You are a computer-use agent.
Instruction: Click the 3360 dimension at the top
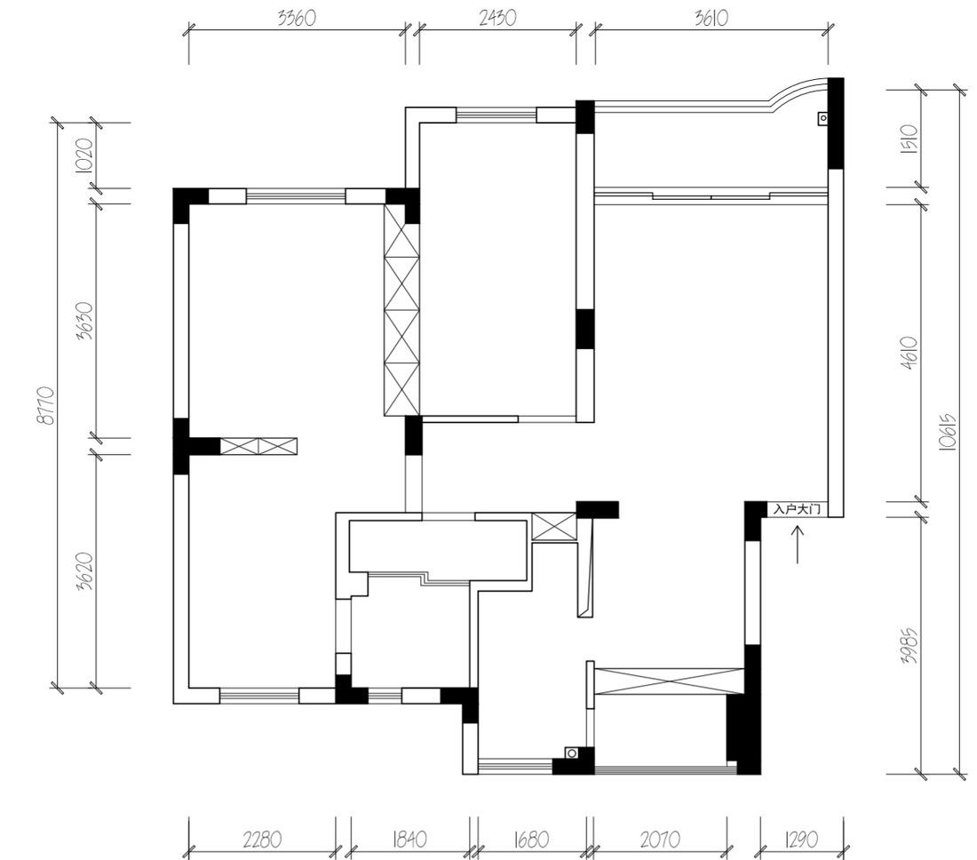click(x=297, y=18)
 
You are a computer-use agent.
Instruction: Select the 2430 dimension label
click(x=497, y=18)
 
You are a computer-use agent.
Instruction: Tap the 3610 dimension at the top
click(x=711, y=18)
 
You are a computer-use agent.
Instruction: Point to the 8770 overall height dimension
click(x=46, y=405)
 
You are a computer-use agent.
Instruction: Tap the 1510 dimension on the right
click(x=909, y=140)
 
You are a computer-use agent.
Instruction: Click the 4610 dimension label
click(x=909, y=354)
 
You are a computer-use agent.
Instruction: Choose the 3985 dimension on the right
click(x=909, y=646)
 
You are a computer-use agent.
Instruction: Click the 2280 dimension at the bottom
click(x=262, y=840)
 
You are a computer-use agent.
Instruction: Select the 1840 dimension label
click(x=409, y=840)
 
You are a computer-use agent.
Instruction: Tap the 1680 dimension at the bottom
click(x=531, y=840)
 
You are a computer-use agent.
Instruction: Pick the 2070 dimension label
click(x=660, y=840)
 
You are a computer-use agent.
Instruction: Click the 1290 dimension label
click(x=800, y=840)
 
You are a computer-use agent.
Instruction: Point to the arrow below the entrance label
click(x=798, y=545)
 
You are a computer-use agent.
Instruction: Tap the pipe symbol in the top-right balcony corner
click(x=823, y=118)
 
